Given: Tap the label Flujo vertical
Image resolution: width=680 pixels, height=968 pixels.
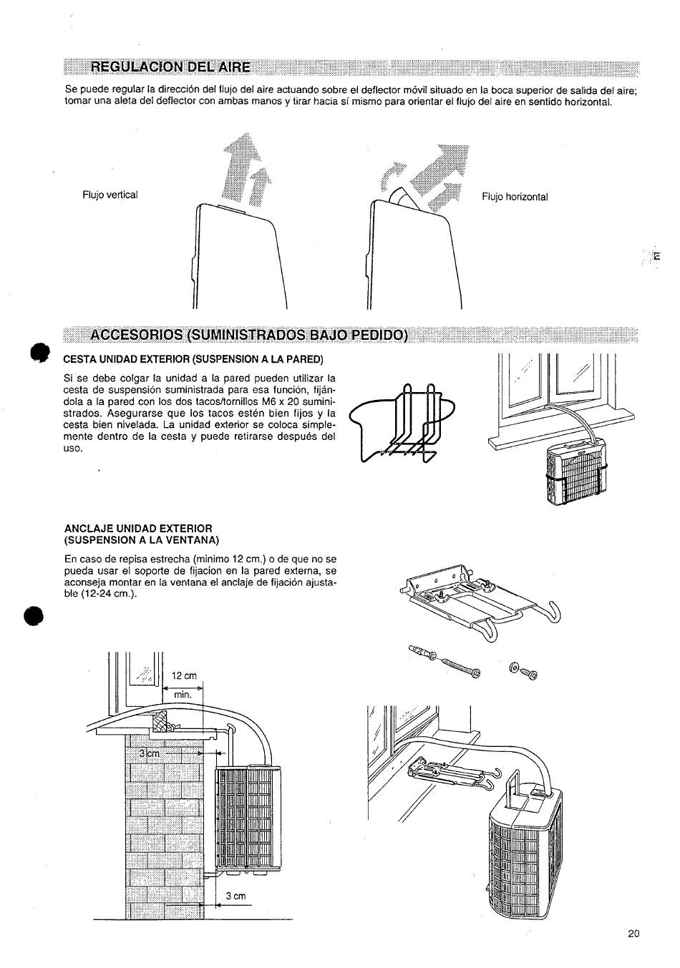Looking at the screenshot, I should (110, 195).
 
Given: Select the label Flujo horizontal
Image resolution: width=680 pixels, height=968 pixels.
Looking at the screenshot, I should (515, 197).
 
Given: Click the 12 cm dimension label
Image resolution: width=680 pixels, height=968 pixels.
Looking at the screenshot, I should (184, 675).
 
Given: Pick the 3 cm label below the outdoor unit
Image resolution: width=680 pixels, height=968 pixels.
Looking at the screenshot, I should (235, 896).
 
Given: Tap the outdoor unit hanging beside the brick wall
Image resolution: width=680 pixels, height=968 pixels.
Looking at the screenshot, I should (248, 818).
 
